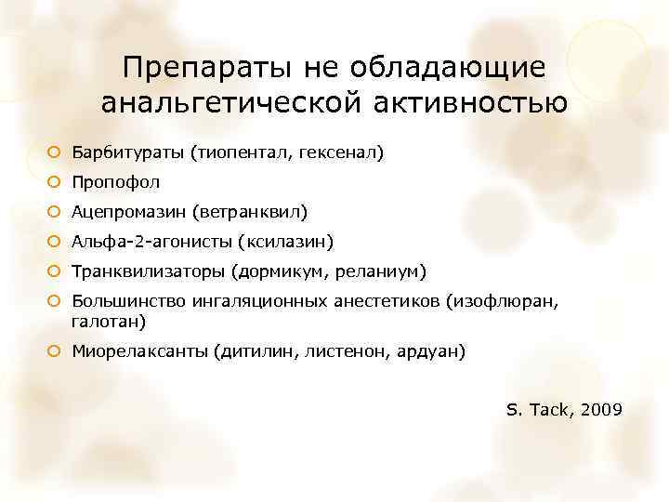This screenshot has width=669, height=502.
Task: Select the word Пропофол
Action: tap(116, 181)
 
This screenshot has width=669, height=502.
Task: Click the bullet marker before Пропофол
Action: tap(55, 181)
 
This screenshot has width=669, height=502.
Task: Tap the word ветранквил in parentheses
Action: tap(250, 212)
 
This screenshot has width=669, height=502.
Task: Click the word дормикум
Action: tap(277, 271)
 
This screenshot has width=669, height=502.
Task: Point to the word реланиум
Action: tap(380, 271)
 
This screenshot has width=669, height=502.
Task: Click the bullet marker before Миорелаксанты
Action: tap(55, 352)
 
